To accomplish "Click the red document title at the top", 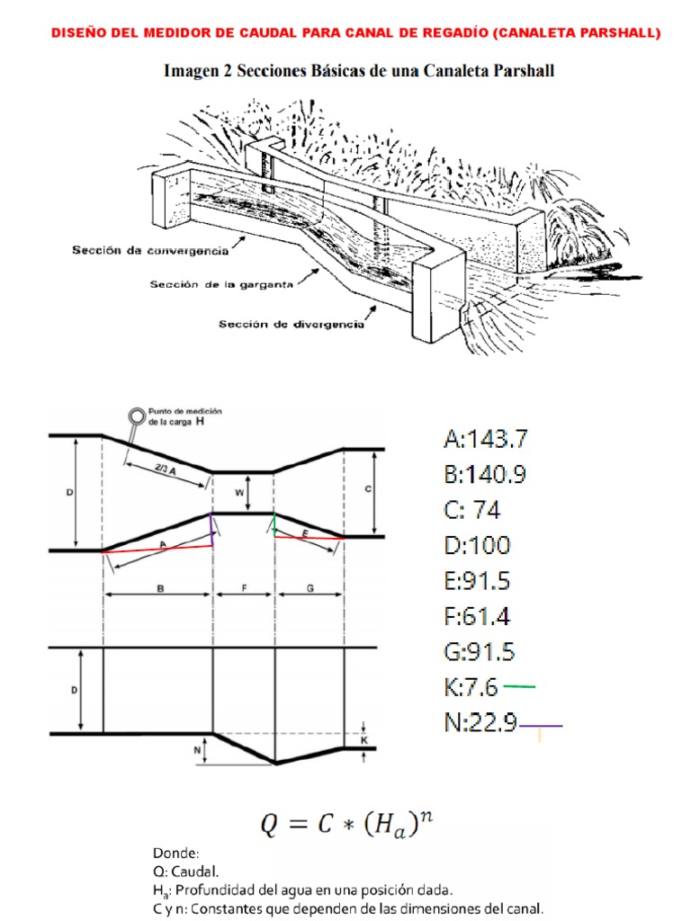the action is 356,33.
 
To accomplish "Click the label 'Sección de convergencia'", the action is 150,250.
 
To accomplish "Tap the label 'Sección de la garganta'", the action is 221,284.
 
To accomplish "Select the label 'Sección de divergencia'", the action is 292,324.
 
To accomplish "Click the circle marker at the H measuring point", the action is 138,416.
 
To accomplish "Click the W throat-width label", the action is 239,493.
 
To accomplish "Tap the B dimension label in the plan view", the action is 160,588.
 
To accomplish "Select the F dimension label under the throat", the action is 245,588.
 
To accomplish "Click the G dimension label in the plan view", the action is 310,588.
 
